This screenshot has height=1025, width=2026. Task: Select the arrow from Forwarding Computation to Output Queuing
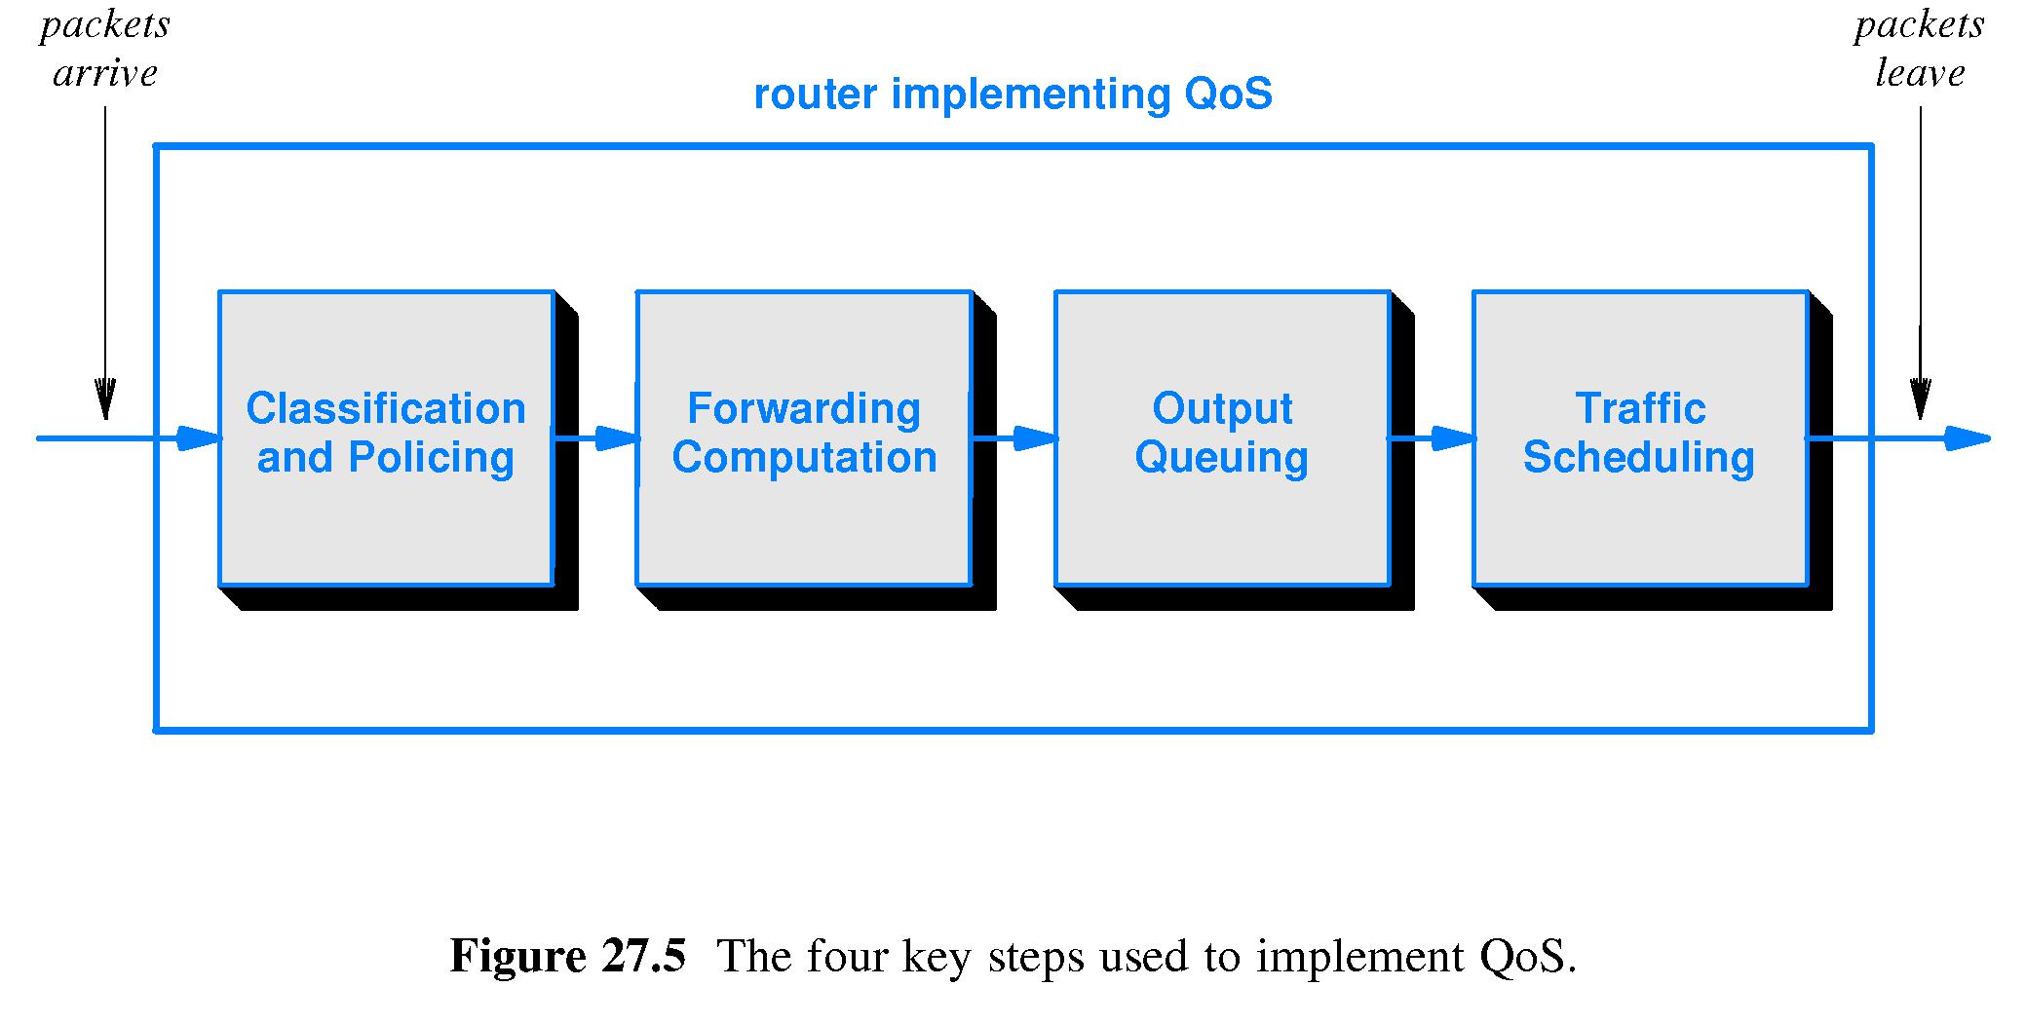pos(1014,438)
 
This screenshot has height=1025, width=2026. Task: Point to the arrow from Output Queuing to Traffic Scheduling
pos(1432,438)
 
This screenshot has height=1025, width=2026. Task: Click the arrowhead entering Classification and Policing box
pos(200,438)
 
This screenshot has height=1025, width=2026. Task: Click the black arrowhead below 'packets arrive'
pos(105,399)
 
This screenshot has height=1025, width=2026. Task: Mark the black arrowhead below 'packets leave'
pos(1920,399)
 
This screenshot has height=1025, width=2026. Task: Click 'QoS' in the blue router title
pos(1228,95)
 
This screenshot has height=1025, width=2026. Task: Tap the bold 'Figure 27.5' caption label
pos(568,956)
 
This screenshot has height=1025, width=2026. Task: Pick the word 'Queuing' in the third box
pos(1222,458)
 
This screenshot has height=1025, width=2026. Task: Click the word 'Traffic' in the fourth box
pos(1640,408)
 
